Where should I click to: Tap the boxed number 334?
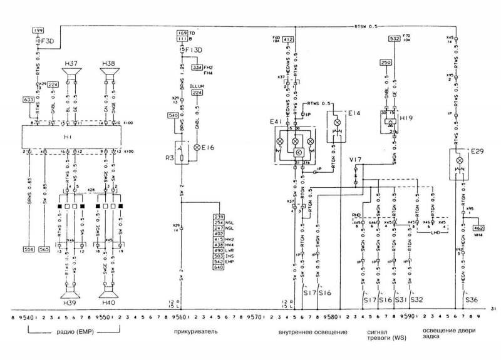(x=197, y=66)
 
